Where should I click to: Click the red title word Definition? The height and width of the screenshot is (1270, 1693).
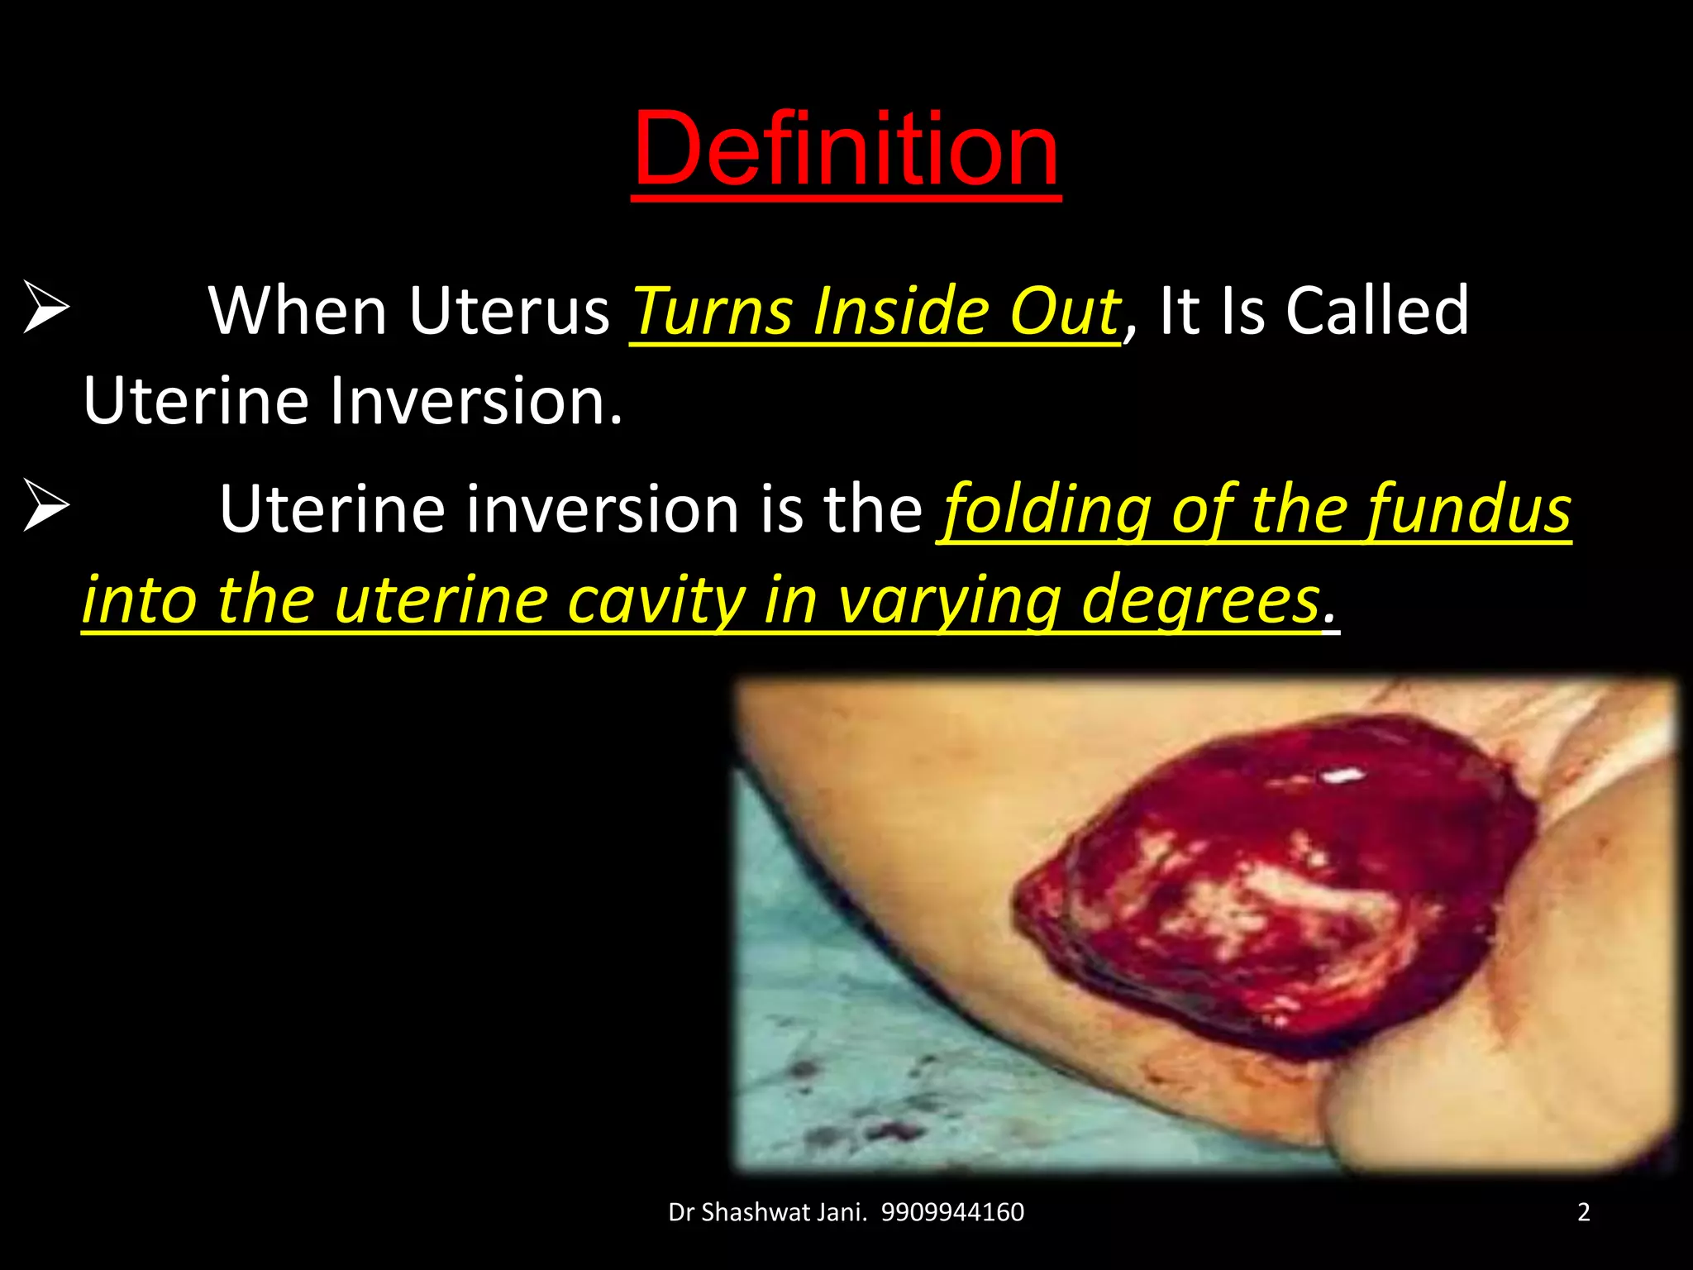(x=846, y=150)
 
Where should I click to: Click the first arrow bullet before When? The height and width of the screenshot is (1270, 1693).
(x=46, y=307)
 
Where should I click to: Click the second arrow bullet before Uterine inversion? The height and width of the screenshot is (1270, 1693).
(x=46, y=505)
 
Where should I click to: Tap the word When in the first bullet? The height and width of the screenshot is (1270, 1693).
(x=298, y=311)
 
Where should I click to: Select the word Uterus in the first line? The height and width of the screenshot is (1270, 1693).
(x=508, y=313)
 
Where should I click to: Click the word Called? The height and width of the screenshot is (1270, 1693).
(x=1376, y=311)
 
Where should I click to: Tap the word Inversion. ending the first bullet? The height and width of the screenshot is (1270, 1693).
(x=476, y=401)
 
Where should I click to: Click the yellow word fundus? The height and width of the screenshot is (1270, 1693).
(x=1468, y=511)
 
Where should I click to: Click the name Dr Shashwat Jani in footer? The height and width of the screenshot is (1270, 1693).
(x=767, y=1212)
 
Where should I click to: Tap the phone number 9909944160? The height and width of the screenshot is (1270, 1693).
(x=952, y=1212)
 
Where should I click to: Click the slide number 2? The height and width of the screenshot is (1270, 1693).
(x=1584, y=1212)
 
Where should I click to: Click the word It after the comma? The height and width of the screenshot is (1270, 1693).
(x=1180, y=311)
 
